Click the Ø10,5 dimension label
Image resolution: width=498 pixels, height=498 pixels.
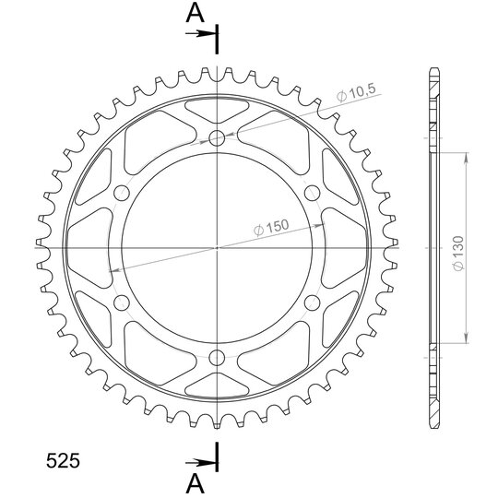pos(356,92)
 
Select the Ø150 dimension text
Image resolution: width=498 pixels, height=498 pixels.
pos(271,227)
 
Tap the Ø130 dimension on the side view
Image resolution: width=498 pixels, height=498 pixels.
pos(458,254)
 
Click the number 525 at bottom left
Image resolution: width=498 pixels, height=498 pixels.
pos(63,461)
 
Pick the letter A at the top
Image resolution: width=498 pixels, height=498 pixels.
pos(195,13)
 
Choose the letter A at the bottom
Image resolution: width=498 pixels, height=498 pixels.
pos(195,484)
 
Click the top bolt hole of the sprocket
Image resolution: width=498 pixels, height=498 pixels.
pos(217,137)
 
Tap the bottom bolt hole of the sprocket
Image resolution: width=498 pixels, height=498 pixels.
pos(217,358)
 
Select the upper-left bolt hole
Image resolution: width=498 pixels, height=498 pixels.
pos(122,193)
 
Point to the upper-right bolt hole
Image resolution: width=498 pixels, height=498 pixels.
pos(313,193)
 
